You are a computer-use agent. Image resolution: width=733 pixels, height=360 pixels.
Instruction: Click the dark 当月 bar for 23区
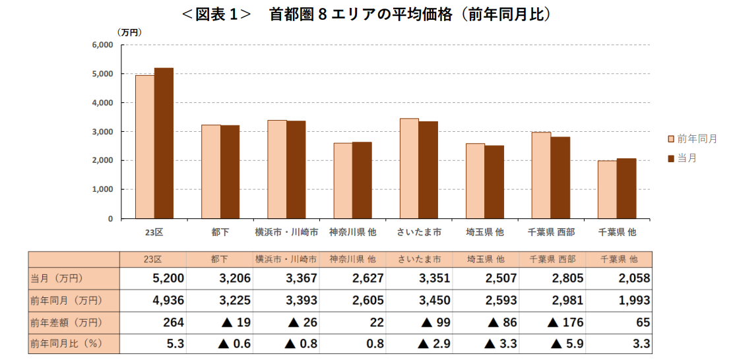(x=164, y=143)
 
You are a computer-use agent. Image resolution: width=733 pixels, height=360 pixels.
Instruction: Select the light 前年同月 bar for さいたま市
(x=409, y=168)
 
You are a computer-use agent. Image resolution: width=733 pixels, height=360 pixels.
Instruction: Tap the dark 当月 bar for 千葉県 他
(x=626, y=189)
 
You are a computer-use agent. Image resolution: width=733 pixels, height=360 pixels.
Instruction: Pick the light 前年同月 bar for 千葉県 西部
(x=541, y=175)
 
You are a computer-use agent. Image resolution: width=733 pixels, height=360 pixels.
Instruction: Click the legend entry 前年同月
(x=692, y=139)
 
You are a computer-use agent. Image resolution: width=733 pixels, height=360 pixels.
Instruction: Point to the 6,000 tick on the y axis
(x=102, y=45)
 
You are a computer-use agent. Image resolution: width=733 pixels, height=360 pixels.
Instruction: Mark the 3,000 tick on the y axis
(x=102, y=132)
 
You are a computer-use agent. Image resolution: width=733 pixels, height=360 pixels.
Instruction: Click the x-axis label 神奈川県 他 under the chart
(x=352, y=232)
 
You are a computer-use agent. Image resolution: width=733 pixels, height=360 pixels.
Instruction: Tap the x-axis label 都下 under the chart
(x=220, y=232)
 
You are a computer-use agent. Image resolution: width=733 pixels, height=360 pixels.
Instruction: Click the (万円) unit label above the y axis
(x=129, y=32)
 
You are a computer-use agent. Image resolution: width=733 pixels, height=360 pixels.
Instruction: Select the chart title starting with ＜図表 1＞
(x=366, y=15)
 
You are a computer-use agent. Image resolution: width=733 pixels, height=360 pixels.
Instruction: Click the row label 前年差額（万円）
(x=66, y=322)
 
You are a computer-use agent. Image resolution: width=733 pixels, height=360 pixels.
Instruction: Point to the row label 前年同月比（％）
(x=66, y=344)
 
